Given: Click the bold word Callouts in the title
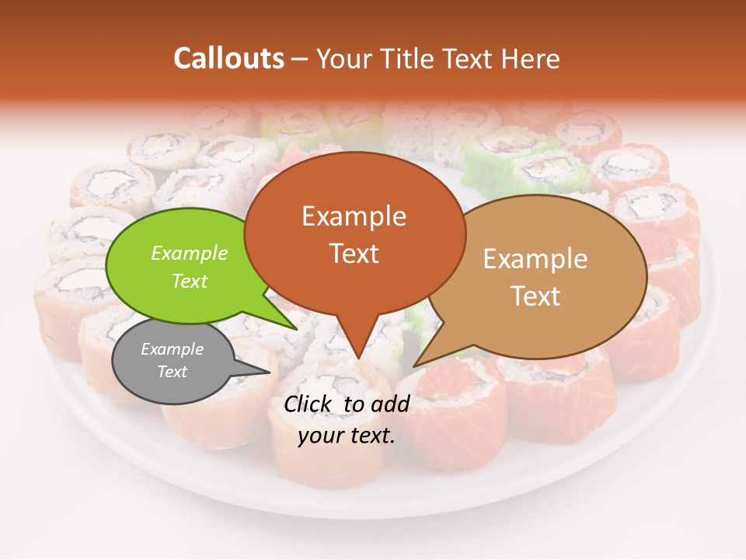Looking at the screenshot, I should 228,58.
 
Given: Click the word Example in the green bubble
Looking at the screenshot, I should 189,253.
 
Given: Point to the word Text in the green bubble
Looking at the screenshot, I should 189,281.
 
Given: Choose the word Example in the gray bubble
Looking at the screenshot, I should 172,349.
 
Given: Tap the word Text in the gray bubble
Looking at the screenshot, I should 172,372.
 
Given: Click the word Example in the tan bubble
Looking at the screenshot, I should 535,259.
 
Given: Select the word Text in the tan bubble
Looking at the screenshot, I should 535,296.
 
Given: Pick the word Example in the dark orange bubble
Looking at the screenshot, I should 354,215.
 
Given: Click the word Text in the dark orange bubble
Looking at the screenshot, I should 354,253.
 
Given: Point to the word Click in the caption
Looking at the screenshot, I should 310,404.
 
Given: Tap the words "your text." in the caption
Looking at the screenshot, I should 347,436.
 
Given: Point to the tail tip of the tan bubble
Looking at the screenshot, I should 413,366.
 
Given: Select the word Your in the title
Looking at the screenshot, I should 343,58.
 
